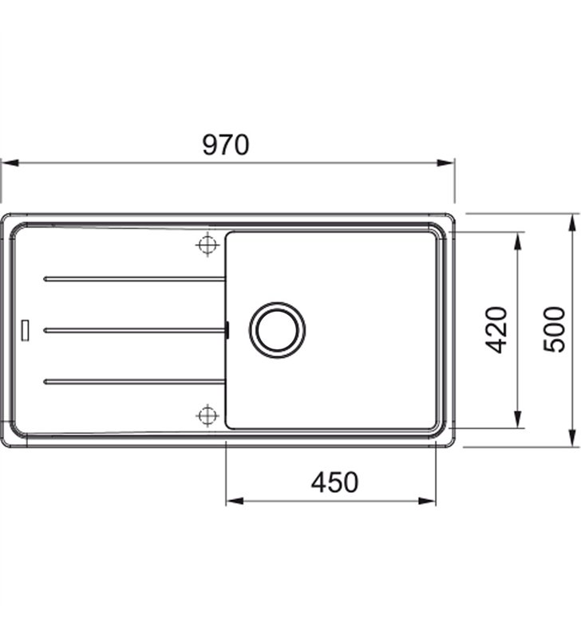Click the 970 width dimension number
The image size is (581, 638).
(x=225, y=145)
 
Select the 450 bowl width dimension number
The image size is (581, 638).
(x=334, y=482)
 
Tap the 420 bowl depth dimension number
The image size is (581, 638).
(x=496, y=330)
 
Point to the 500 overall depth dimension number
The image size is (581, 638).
(x=554, y=330)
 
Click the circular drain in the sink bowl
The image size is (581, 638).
(x=277, y=330)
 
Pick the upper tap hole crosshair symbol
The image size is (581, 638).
(x=207, y=245)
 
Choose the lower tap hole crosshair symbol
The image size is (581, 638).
(x=207, y=415)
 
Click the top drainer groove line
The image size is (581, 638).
(x=134, y=279)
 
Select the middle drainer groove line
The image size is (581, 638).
(x=134, y=330)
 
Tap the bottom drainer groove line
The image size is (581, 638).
(x=134, y=381)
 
